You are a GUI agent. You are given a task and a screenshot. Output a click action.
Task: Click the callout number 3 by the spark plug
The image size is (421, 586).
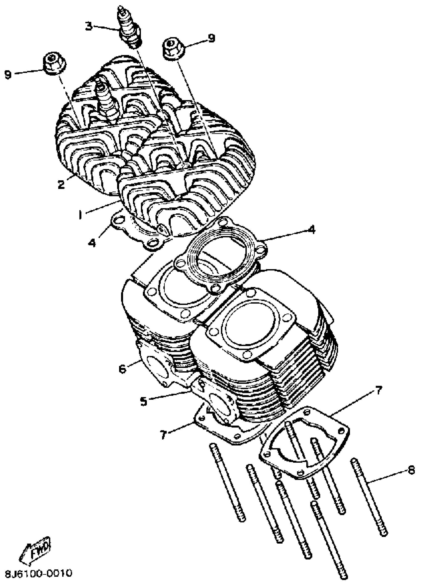pyautogui.click(x=89, y=27)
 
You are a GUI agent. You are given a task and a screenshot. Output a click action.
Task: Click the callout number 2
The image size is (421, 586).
pyautogui.click(x=61, y=184)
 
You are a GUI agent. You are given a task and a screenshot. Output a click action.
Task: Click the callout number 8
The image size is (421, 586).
pyautogui.click(x=411, y=470)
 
